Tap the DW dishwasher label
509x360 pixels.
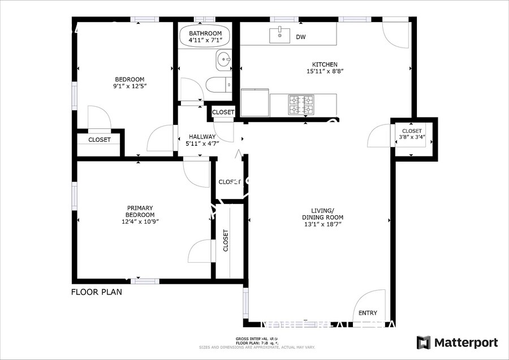(301, 38)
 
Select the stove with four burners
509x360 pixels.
(301, 105)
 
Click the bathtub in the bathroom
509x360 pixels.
(205, 37)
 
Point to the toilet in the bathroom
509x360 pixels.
(218, 85)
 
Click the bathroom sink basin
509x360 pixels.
(224, 59)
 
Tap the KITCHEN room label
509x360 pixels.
(325, 64)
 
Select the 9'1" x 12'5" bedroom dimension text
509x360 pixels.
(130, 86)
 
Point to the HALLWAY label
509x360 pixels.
(202, 137)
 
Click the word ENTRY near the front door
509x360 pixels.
(368, 313)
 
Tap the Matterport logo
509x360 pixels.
(457, 342)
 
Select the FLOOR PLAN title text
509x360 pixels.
(96, 292)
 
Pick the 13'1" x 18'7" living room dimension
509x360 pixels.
(322, 224)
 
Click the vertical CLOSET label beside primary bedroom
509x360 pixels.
(226, 241)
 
